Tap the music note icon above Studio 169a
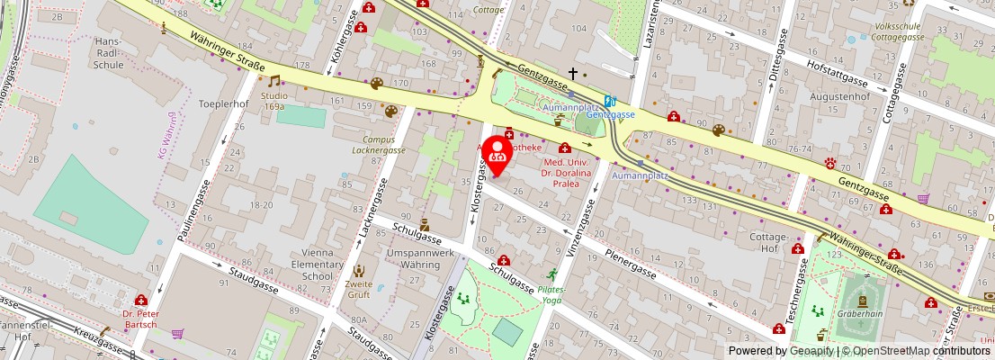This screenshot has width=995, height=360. (x=274, y=81)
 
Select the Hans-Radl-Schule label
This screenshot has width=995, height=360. (x=108, y=53)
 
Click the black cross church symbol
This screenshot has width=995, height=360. (x=572, y=73)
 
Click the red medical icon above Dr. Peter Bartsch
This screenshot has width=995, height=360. (x=141, y=300)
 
